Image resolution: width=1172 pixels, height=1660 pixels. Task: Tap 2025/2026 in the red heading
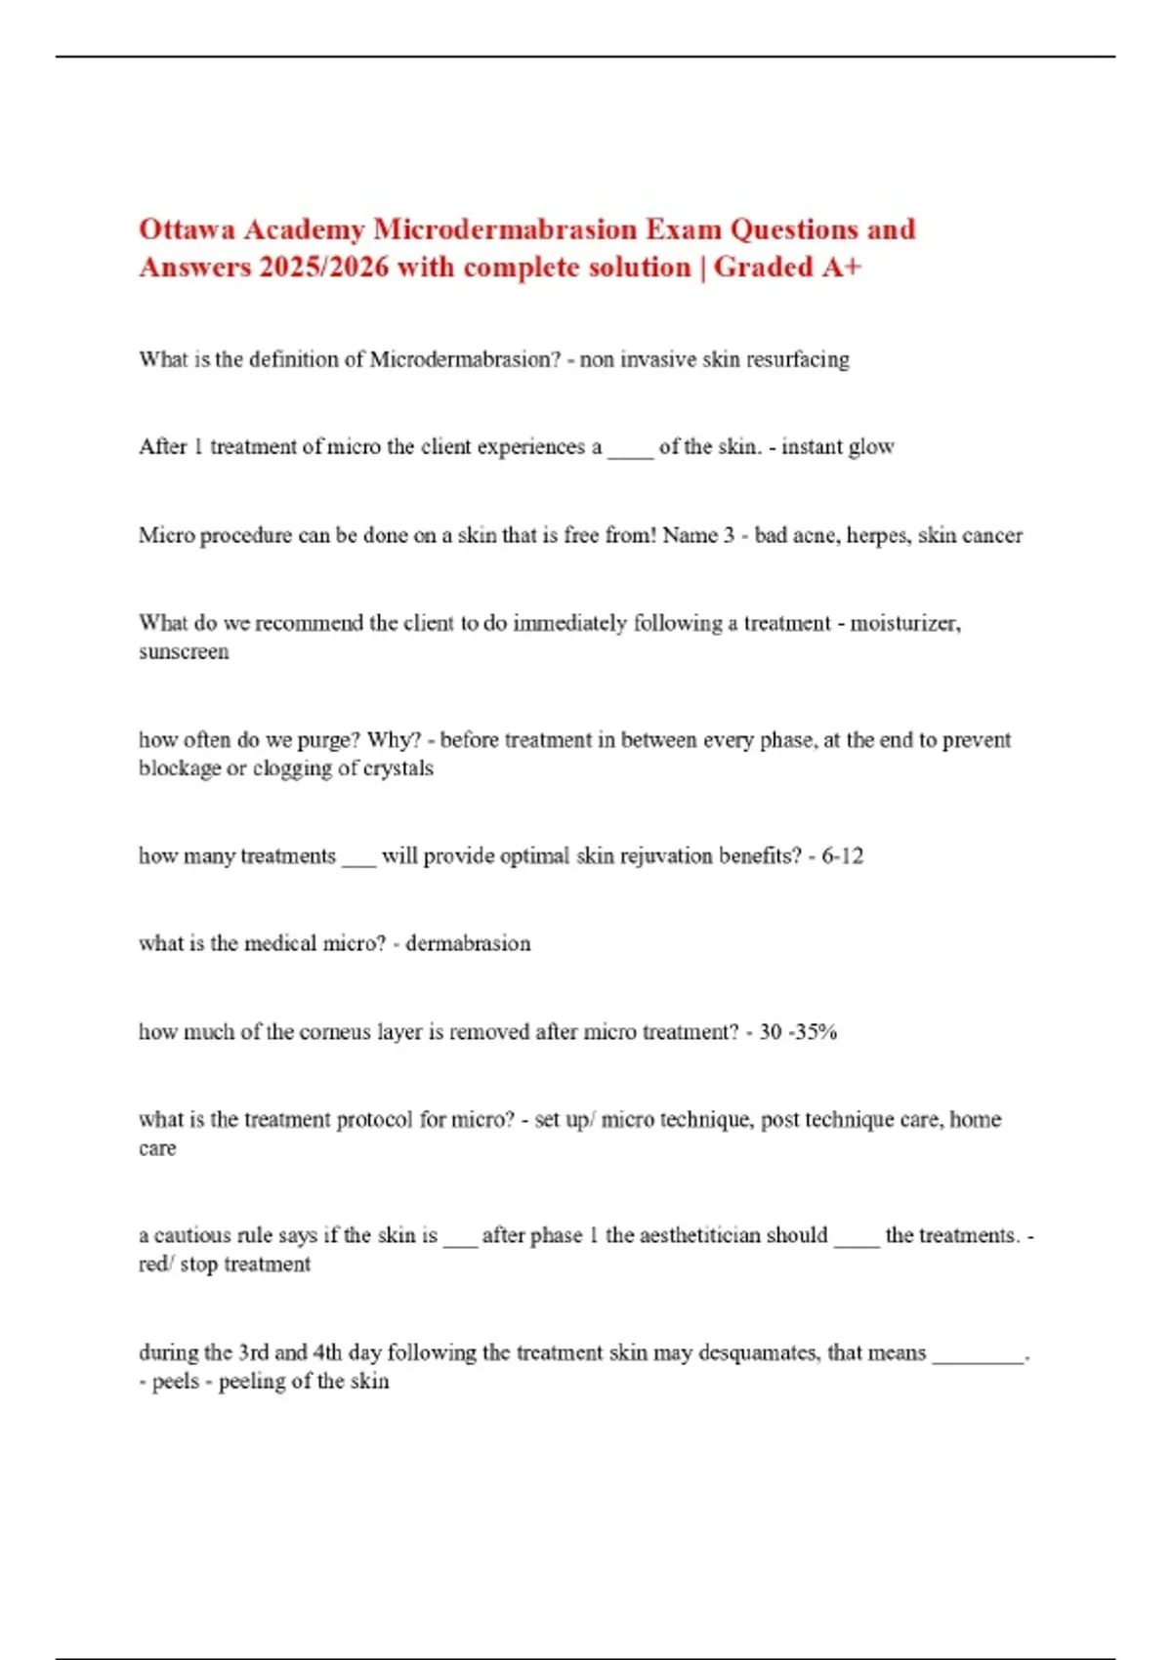coord(323,268)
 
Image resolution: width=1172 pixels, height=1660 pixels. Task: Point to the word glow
coord(871,447)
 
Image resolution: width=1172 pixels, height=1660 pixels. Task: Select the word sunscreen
coord(184,652)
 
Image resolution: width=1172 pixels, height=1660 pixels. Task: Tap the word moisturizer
coord(904,624)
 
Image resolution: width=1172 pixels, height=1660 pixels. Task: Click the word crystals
coord(398,768)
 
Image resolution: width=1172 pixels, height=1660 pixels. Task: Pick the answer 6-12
coord(842,856)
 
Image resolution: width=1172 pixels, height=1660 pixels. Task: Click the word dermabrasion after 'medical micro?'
coord(468,944)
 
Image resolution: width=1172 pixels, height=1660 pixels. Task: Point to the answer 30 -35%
coord(798,1032)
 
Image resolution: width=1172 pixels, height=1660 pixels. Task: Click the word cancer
coord(992,536)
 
